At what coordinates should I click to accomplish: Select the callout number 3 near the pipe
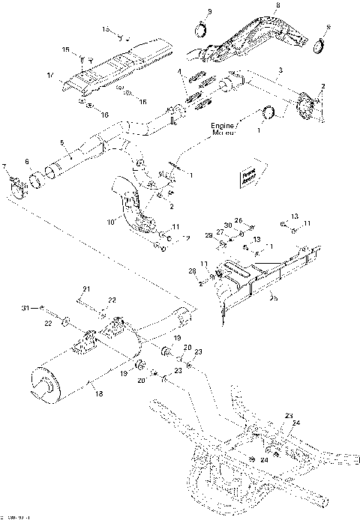(x=280, y=70)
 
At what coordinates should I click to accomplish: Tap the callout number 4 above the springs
(x=180, y=71)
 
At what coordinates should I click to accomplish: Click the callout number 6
(x=28, y=161)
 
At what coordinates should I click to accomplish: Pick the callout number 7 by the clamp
(x=5, y=166)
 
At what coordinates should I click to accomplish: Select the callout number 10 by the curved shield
(x=109, y=222)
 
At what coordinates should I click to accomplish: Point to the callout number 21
(x=85, y=289)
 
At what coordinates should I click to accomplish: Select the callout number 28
(x=191, y=270)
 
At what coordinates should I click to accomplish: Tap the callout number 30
(x=228, y=226)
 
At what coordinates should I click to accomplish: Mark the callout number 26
(x=238, y=220)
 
